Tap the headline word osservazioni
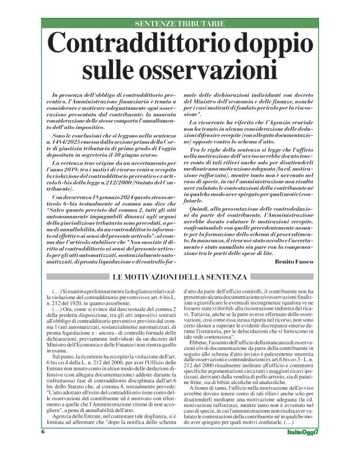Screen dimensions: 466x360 pos(200,66)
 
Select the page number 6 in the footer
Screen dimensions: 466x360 pos(43,449)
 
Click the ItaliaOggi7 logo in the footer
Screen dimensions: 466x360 pos(304,449)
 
